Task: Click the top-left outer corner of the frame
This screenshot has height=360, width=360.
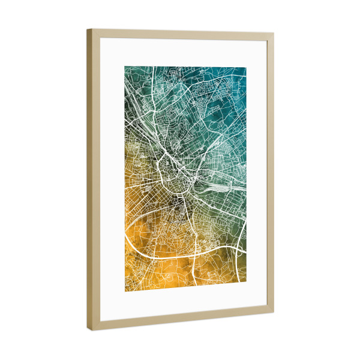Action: (88, 29)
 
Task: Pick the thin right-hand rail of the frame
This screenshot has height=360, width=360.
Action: (269, 174)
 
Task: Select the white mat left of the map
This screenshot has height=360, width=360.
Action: (112, 180)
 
